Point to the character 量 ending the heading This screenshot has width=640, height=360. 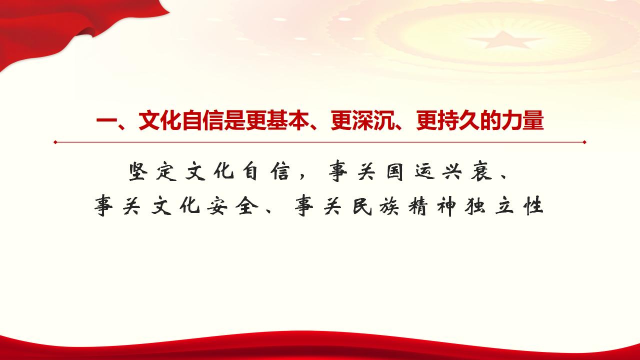[533, 121]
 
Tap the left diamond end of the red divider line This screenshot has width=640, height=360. [55, 142]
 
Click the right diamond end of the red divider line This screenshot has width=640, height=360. [584, 142]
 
